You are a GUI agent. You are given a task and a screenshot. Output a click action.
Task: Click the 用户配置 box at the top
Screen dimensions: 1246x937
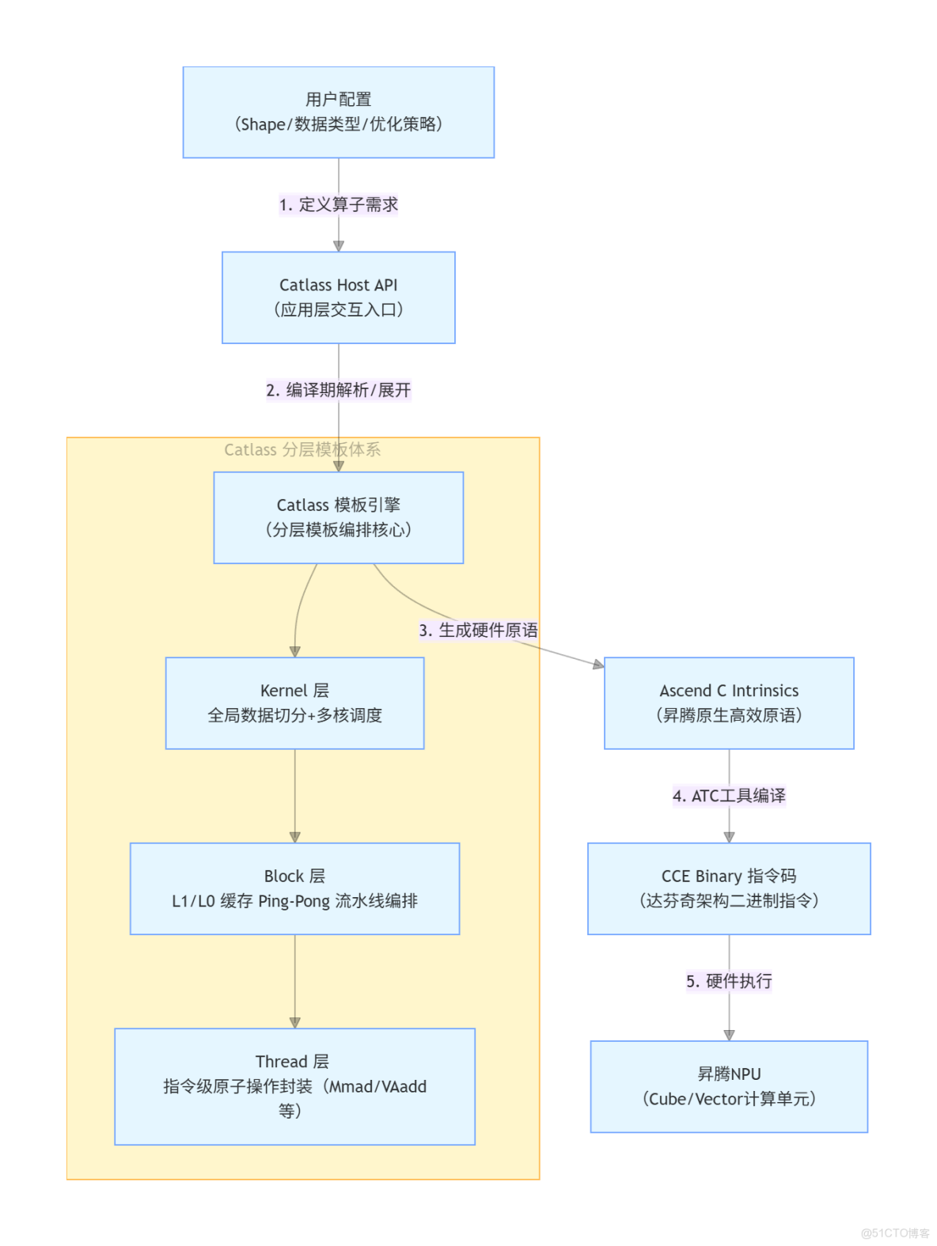tap(338, 112)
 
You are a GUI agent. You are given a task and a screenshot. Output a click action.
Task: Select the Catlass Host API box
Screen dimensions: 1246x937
tap(338, 297)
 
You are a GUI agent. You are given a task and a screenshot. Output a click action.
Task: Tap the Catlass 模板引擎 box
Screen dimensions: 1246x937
tap(338, 517)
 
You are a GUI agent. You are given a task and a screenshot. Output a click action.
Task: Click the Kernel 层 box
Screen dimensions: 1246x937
tap(294, 703)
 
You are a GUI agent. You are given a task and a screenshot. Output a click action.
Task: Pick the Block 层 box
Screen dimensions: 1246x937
tap(294, 888)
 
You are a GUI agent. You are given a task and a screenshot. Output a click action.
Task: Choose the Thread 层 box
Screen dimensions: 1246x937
tap(294, 1085)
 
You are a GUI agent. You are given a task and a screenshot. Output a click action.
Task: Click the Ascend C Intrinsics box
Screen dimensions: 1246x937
tap(728, 703)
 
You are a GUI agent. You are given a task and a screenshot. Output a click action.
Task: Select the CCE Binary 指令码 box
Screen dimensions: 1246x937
tap(728, 888)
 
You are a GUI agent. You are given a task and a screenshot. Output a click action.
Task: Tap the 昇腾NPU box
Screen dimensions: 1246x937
tap(728, 1086)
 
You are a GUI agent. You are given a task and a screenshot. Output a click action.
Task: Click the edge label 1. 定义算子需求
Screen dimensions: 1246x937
tap(338, 205)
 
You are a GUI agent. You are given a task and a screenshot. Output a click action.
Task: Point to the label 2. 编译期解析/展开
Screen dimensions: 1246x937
tap(338, 390)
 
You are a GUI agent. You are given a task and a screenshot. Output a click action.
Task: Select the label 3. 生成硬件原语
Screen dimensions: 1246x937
tap(478, 631)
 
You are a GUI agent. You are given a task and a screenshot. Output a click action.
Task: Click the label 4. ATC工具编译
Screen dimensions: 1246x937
tap(728, 796)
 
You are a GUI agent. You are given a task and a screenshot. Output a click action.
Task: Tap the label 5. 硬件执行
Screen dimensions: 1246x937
tap(728, 982)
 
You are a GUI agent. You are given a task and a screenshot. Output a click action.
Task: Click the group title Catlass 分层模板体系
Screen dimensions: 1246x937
tap(302, 450)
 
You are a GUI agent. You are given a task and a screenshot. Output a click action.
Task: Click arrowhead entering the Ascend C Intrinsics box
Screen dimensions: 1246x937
tap(599, 665)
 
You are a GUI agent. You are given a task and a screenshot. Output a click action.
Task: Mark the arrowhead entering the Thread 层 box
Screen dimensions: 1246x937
tap(294, 1023)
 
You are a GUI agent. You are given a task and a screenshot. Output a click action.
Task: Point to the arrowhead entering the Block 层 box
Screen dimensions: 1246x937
tap(294, 837)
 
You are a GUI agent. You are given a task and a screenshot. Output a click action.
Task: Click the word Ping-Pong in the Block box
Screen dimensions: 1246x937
tap(294, 901)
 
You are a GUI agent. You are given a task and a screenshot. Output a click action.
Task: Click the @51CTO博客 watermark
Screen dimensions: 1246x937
tap(895, 1233)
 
